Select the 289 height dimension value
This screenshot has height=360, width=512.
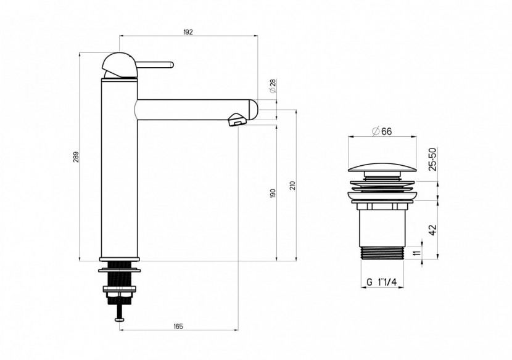pos(75,157)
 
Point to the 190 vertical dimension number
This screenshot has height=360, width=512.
pos(273,192)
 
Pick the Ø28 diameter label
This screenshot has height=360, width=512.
pos(272,86)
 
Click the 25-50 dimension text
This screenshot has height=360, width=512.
pos(432,159)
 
